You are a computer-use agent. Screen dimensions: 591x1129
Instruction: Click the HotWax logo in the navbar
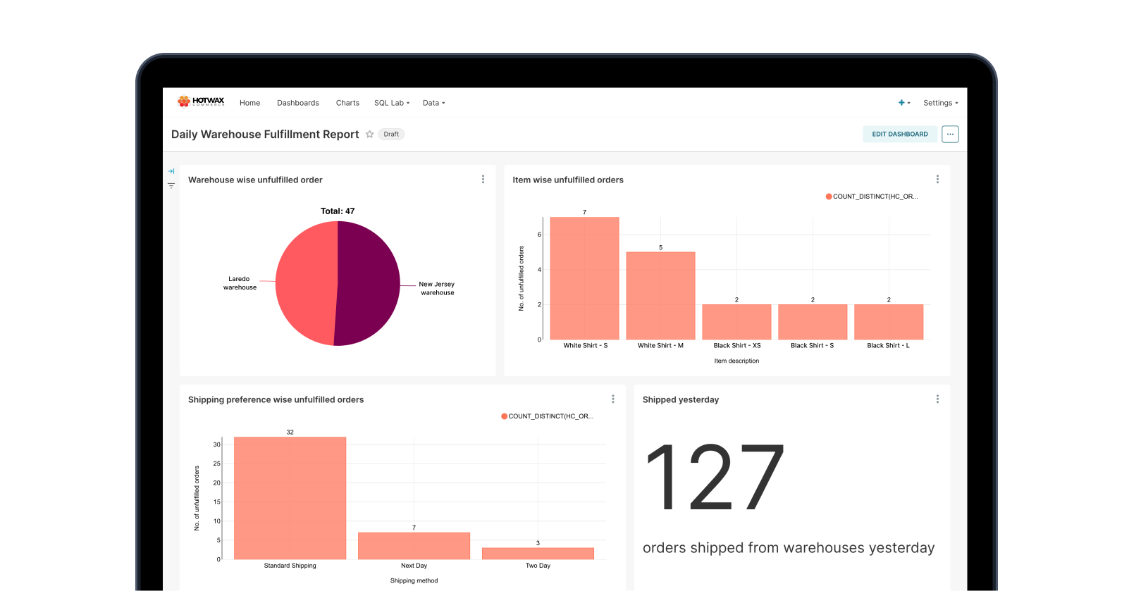point(201,101)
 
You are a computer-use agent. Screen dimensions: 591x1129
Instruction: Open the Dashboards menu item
point(297,103)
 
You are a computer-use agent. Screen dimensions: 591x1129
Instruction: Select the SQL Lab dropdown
point(391,103)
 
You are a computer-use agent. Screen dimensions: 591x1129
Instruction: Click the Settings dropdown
point(940,103)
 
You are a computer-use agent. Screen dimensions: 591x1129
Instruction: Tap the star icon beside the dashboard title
point(369,135)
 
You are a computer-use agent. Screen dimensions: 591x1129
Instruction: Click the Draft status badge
point(391,135)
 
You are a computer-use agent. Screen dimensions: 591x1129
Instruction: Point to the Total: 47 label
point(338,211)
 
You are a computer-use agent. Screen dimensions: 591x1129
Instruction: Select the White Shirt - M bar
point(660,296)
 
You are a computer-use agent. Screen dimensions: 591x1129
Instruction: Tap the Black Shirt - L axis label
point(888,346)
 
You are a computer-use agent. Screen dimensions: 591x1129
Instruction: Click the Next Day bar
point(414,546)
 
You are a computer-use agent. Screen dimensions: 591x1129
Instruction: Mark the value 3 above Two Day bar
point(538,543)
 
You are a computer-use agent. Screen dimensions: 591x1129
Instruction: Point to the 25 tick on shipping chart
point(217,464)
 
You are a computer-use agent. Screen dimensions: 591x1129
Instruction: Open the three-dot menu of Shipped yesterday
point(937,399)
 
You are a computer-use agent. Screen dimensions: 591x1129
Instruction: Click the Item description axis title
point(736,361)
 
